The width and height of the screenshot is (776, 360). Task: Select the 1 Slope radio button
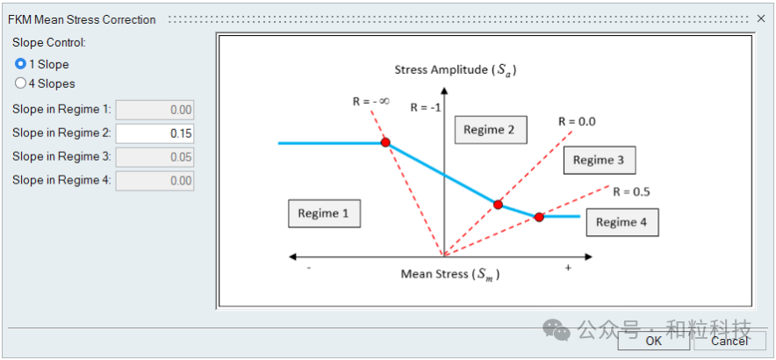(x=21, y=64)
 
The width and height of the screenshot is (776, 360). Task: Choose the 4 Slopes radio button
(x=21, y=83)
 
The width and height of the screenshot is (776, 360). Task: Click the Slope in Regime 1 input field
(x=154, y=110)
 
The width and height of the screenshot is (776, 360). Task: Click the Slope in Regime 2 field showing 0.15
(x=154, y=133)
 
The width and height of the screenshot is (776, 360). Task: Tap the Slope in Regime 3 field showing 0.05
(x=154, y=156)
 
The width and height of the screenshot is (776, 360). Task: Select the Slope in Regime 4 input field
(x=154, y=180)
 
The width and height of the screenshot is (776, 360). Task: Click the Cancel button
(x=729, y=341)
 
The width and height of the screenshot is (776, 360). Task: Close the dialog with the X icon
(x=761, y=18)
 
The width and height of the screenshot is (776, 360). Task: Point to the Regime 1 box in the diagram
(x=324, y=213)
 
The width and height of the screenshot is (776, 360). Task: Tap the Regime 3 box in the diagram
(x=599, y=160)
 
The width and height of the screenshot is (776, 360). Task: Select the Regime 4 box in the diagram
(x=622, y=222)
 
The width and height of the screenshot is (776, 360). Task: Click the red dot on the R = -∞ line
(x=384, y=142)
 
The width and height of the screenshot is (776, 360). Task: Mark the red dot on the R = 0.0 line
(x=498, y=205)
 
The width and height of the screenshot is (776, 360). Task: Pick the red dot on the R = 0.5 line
(x=539, y=216)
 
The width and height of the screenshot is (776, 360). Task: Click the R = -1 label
(x=425, y=108)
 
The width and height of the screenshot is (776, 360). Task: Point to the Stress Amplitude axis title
(x=455, y=70)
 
